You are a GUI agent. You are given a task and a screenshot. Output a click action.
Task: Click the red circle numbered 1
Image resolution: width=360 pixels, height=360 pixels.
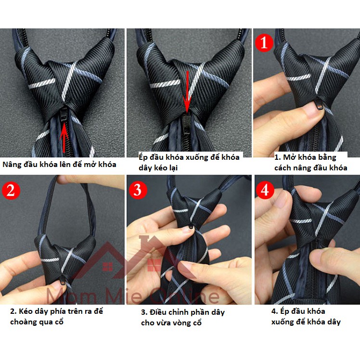(x=264, y=42)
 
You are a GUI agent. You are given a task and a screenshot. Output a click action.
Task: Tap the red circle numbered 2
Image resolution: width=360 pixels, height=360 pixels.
(x=11, y=190)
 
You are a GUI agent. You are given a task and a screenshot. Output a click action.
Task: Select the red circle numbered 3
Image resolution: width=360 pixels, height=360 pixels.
(x=137, y=190)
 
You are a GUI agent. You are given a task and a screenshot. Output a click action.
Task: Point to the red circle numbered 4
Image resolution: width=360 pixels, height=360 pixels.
(x=265, y=190)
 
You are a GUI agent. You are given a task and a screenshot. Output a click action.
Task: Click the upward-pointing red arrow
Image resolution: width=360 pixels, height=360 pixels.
(x=64, y=137)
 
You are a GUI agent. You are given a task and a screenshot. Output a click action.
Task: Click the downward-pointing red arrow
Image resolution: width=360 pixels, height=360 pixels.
(x=187, y=92)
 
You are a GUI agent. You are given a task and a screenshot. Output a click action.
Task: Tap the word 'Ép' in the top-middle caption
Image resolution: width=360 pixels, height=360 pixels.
(x=143, y=157)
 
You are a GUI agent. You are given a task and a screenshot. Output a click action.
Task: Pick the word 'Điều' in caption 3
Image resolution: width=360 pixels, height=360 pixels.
(x=157, y=312)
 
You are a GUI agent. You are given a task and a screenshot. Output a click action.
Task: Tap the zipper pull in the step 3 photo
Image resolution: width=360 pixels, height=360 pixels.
(x=191, y=227)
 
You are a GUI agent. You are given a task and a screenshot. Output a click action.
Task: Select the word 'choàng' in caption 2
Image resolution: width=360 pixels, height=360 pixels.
(x=22, y=322)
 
